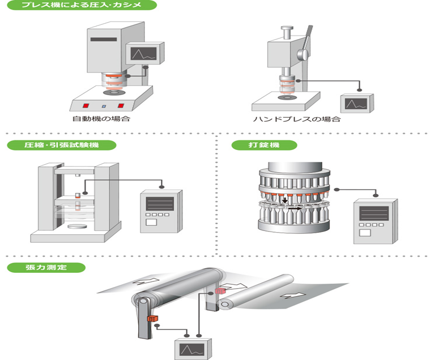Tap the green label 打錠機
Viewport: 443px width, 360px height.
click(264, 145)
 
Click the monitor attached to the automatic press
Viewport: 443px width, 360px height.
click(143, 54)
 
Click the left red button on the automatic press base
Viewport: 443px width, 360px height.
click(86, 105)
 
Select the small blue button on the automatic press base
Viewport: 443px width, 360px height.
click(103, 106)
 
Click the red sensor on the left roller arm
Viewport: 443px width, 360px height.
click(151, 319)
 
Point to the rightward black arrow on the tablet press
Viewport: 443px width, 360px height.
click(294, 208)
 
